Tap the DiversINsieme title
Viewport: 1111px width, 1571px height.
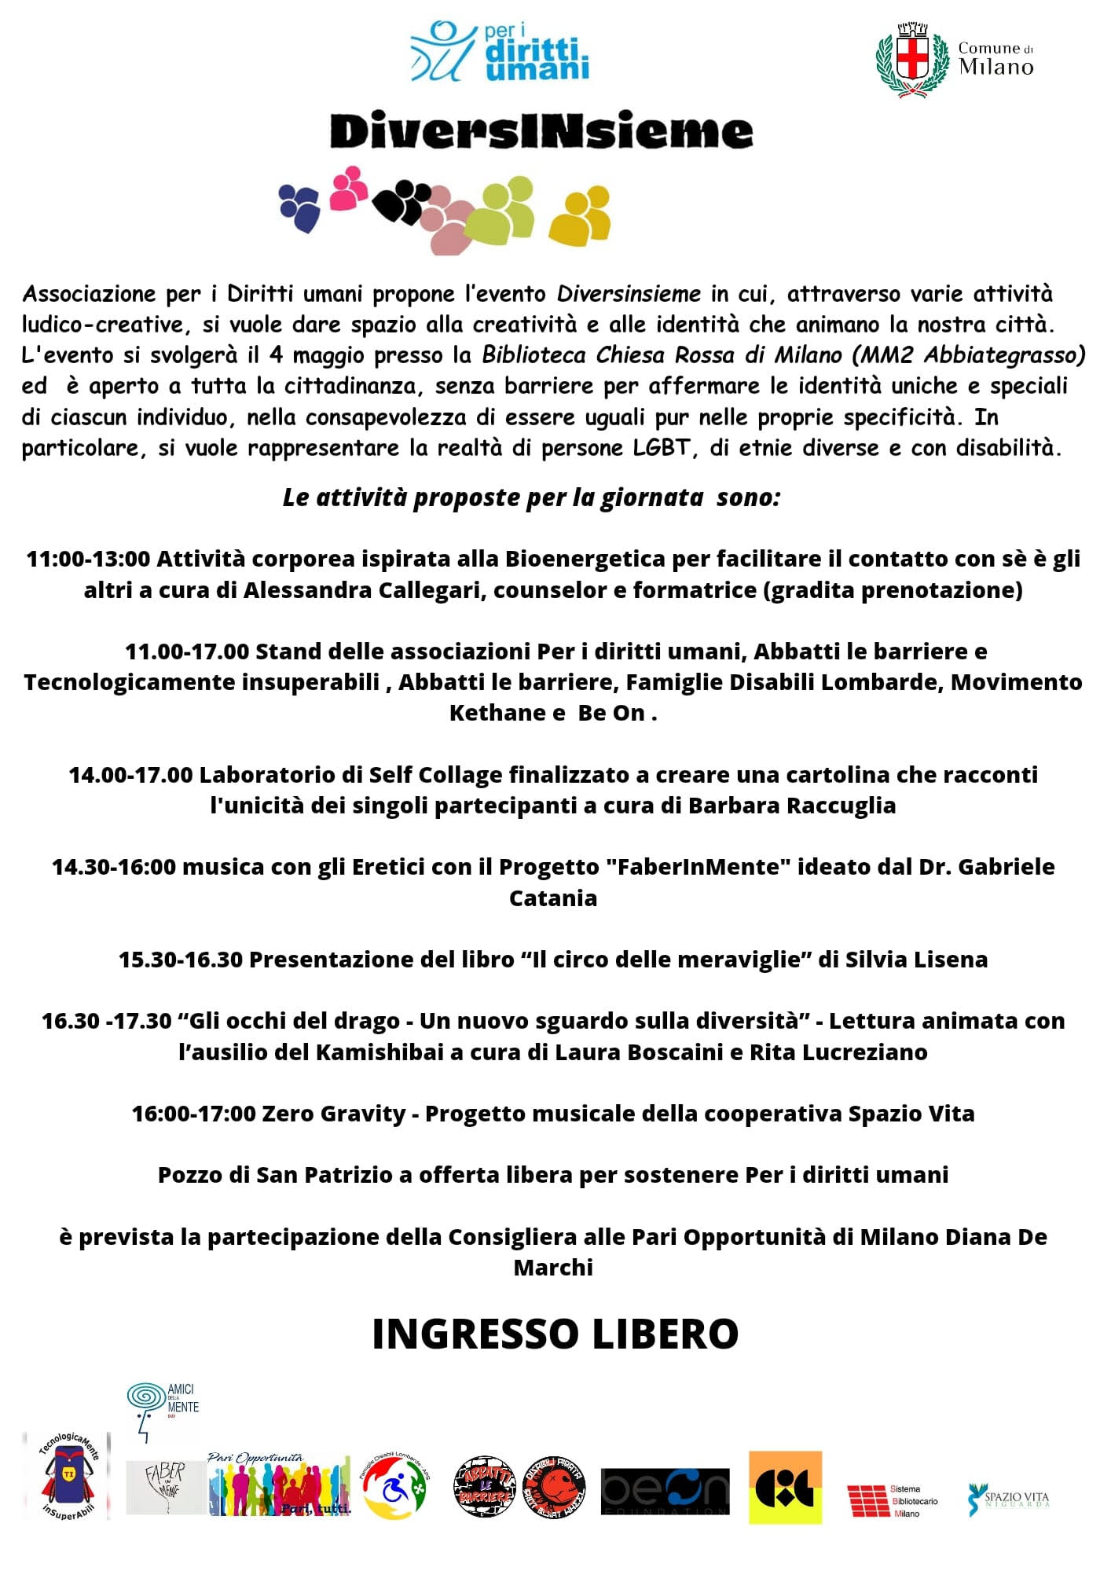point(541,131)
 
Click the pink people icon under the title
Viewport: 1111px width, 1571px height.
point(348,188)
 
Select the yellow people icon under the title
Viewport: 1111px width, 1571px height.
point(581,215)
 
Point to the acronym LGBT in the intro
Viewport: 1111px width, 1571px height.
point(661,448)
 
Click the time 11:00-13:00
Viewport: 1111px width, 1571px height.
point(88,559)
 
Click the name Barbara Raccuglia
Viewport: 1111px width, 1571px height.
point(791,806)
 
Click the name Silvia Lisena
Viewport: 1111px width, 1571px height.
point(916,960)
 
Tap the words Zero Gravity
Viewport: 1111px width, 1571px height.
point(333,1114)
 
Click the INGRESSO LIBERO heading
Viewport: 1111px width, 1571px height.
point(555,1334)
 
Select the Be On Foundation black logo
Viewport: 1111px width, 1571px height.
point(665,1492)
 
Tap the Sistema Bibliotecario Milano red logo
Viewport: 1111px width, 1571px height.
point(893,1500)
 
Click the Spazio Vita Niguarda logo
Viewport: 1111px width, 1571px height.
point(1009,1499)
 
